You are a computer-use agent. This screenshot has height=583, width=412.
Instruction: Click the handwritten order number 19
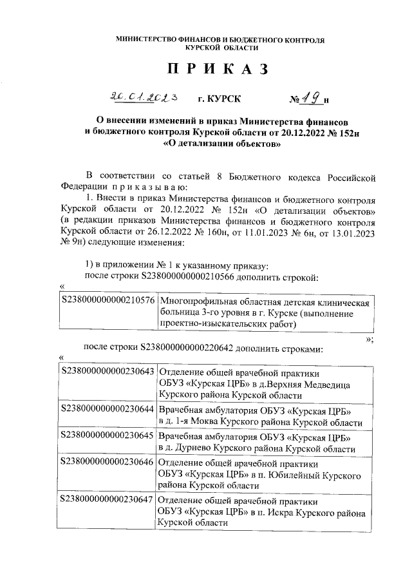(312, 98)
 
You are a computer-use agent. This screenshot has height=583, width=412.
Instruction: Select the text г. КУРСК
(220, 99)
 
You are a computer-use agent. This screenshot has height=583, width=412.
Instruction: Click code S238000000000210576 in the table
(107, 301)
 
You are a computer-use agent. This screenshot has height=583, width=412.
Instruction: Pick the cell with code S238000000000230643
(107, 372)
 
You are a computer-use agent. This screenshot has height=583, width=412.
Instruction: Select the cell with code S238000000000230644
(107, 409)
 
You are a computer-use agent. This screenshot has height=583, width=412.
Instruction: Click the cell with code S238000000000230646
(107, 463)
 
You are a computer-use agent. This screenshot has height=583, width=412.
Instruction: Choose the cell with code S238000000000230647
(107, 499)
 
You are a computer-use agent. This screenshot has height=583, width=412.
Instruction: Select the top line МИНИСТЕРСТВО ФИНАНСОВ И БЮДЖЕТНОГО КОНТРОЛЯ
(220, 40)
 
